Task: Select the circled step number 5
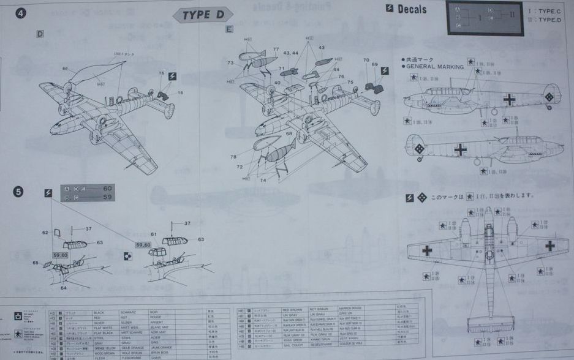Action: pos(19,192)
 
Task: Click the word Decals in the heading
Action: pos(420,9)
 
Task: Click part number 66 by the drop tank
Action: pos(64,69)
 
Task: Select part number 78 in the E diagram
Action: pos(233,157)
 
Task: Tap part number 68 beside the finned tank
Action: pos(289,133)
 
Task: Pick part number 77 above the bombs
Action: pos(276,49)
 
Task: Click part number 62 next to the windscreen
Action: pos(45,232)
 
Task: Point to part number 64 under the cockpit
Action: pos(64,288)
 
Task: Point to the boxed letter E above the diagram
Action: pos(229,29)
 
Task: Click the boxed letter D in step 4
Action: pos(40,34)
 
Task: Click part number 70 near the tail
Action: pos(366,61)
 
